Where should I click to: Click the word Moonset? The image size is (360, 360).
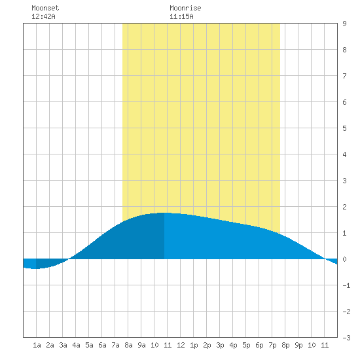click(x=45, y=8)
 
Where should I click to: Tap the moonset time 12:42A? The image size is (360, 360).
click(x=43, y=16)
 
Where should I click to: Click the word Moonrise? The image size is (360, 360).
click(x=185, y=8)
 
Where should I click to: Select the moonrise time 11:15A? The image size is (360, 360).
click(x=181, y=16)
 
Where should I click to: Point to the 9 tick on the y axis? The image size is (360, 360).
click(x=344, y=24)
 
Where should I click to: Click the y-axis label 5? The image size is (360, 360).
click(x=344, y=128)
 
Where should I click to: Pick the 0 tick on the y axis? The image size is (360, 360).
click(x=344, y=259)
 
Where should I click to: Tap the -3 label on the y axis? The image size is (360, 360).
click(x=346, y=338)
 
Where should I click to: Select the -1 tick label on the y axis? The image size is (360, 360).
click(x=346, y=285)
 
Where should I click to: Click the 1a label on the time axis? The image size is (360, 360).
click(x=37, y=345)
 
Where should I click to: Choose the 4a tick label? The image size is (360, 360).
click(x=76, y=345)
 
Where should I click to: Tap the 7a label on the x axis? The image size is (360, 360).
click(x=115, y=345)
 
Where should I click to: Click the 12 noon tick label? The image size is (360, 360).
click(x=181, y=345)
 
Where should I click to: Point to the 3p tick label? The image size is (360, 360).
click(x=220, y=345)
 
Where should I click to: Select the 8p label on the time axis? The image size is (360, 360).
click(x=285, y=345)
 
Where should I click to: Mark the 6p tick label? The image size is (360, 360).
click(x=259, y=345)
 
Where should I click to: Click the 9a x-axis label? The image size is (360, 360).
click(x=141, y=345)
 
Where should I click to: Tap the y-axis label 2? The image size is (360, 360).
click(x=344, y=207)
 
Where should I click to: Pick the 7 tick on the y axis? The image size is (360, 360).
click(x=344, y=76)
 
